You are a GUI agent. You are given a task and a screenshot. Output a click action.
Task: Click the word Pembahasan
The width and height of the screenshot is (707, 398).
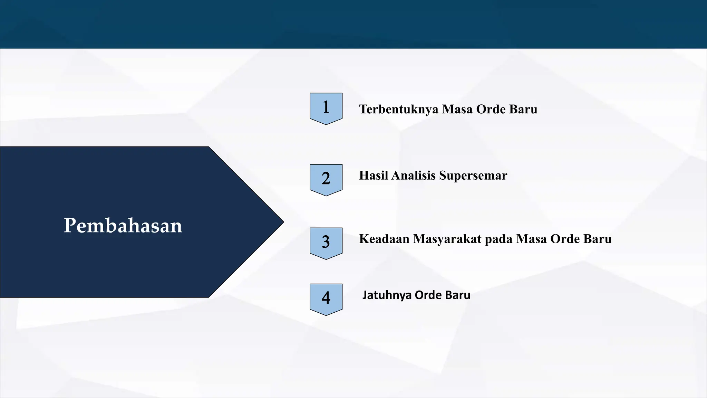[x=123, y=226]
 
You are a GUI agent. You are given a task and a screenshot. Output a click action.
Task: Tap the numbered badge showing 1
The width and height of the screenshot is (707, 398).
[x=326, y=107]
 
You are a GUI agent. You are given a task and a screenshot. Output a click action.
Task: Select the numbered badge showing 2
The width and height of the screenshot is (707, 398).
[x=326, y=179]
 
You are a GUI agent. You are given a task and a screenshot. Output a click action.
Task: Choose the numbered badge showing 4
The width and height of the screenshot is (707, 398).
[x=326, y=298]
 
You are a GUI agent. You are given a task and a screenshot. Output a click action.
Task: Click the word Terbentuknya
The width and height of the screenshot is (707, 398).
[x=399, y=109]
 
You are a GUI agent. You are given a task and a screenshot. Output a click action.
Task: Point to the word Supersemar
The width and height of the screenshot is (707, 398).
[x=473, y=176]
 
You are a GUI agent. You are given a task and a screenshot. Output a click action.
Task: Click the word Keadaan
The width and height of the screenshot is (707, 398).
[x=384, y=239]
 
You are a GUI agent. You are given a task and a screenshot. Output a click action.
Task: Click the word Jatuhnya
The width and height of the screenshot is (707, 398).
[x=387, y=295]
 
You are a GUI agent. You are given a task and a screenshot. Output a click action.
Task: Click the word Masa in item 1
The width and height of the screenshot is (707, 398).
[x=457, y=109]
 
